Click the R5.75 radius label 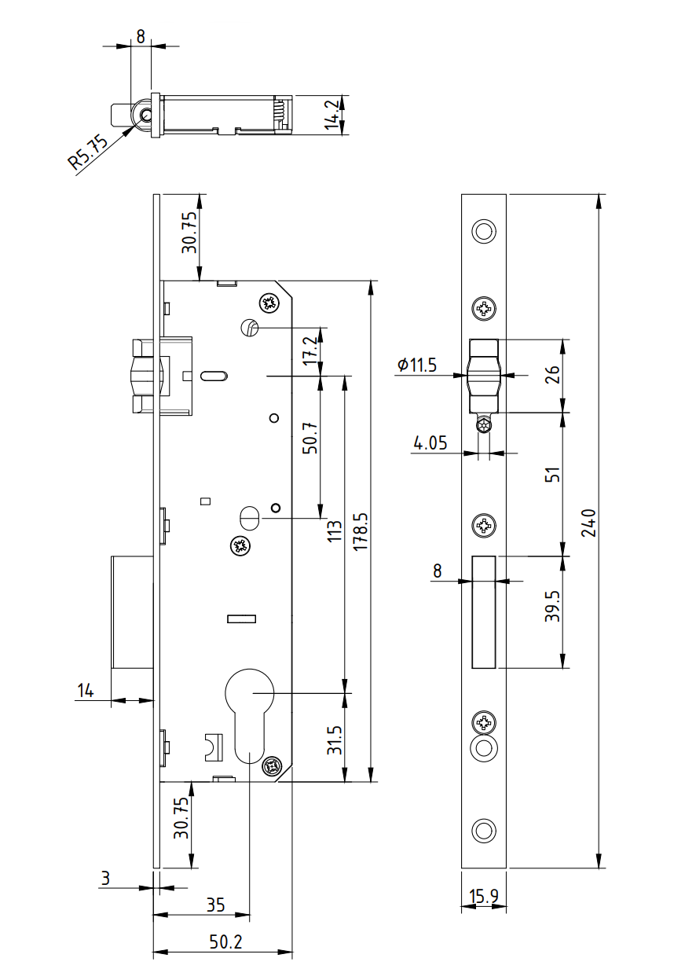pos(86,152)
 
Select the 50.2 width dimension pos(226,941)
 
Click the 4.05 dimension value pos(430,442)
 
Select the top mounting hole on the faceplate pos(484,231)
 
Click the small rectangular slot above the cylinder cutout pos(241,619)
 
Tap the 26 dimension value pos(553,374)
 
